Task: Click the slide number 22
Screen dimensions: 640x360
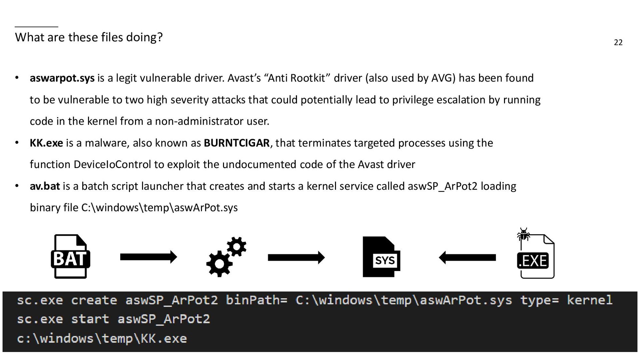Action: click(618, 42)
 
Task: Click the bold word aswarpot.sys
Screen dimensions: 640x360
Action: click(62, 78)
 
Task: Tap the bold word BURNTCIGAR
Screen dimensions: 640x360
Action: click(236, 143)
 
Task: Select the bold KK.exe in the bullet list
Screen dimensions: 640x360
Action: click(46, 143)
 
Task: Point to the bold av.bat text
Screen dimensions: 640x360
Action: click(45, 186)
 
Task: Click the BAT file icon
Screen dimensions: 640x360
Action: click(70, 257)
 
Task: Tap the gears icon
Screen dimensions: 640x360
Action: click(226, 257)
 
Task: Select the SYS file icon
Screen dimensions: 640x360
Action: click(381, 257)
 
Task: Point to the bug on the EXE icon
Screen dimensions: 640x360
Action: click(524, 235)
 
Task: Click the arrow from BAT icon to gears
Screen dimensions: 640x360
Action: click(148, 257)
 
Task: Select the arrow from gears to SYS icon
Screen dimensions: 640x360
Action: click(296, 257)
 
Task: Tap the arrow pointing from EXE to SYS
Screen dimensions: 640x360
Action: click(467, 257)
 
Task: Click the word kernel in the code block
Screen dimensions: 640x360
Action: click(590, 300)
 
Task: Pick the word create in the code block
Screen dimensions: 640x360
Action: click(94, 300)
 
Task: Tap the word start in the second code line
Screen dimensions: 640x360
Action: click(90, 319)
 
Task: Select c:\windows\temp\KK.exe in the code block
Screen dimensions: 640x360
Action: click(102, 338)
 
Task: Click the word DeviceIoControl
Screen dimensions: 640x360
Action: click(112, 165)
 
